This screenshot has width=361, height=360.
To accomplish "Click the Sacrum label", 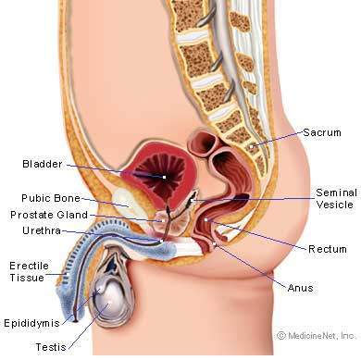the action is click(322, 132).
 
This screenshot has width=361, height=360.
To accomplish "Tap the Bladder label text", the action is click(43, 164).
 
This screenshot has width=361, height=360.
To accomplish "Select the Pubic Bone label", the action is click(51, 198).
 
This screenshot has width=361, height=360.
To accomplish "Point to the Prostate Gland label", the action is click(49, 215).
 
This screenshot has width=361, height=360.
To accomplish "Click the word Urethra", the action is click(42, 230).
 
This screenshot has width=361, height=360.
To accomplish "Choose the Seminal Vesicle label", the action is click(336, 199).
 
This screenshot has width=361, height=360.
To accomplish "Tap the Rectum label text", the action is click(328, 249).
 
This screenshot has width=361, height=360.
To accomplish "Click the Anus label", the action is click(300, 288).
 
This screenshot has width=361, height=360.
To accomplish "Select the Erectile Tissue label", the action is click(29, 271).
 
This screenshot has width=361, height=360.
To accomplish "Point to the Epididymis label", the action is click(31, 323).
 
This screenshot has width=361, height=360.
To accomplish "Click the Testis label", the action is click(51, 347).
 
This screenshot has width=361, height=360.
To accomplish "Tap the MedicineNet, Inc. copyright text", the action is click(317, 335).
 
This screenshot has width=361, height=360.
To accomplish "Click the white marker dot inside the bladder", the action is click(165, 177).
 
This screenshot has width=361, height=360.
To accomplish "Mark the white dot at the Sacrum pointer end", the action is click(252, 146).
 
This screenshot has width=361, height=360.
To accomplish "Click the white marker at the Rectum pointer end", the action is click(205, 219).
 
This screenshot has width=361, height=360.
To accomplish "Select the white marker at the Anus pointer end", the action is click(215, 244).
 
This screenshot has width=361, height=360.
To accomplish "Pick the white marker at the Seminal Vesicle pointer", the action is click(192, 200).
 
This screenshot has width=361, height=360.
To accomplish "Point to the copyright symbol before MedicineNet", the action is click(281, 335).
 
